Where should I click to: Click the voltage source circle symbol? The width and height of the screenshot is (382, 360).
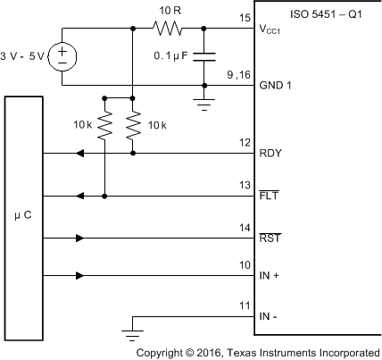[63, 57]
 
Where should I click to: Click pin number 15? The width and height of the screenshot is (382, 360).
[245, 19]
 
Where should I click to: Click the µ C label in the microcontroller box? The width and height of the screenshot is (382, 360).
[23, 215]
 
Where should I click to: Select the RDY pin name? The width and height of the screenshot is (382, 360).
[270, 153]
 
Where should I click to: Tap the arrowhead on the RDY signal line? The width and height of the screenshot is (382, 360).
[80, 153]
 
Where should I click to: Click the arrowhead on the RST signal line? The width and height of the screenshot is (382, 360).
[80, 239]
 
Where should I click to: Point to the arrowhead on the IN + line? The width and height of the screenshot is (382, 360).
[80, 276]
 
